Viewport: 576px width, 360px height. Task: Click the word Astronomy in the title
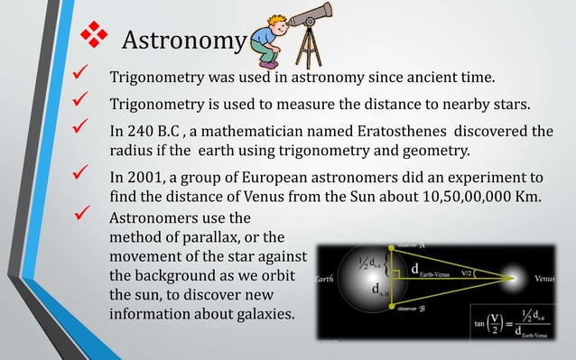click(183, 42)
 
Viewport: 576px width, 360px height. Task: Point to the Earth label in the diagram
click(325, 280)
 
